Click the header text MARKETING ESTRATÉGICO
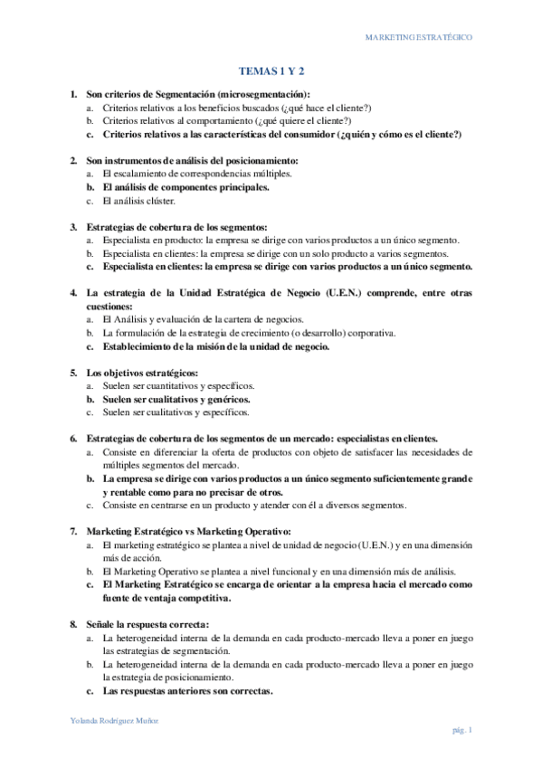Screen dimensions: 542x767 point(417,38)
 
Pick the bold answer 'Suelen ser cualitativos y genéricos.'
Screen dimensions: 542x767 point(176,399)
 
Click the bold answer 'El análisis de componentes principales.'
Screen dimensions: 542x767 point(185,187)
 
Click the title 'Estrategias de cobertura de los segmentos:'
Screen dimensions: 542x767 point(176,226)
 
